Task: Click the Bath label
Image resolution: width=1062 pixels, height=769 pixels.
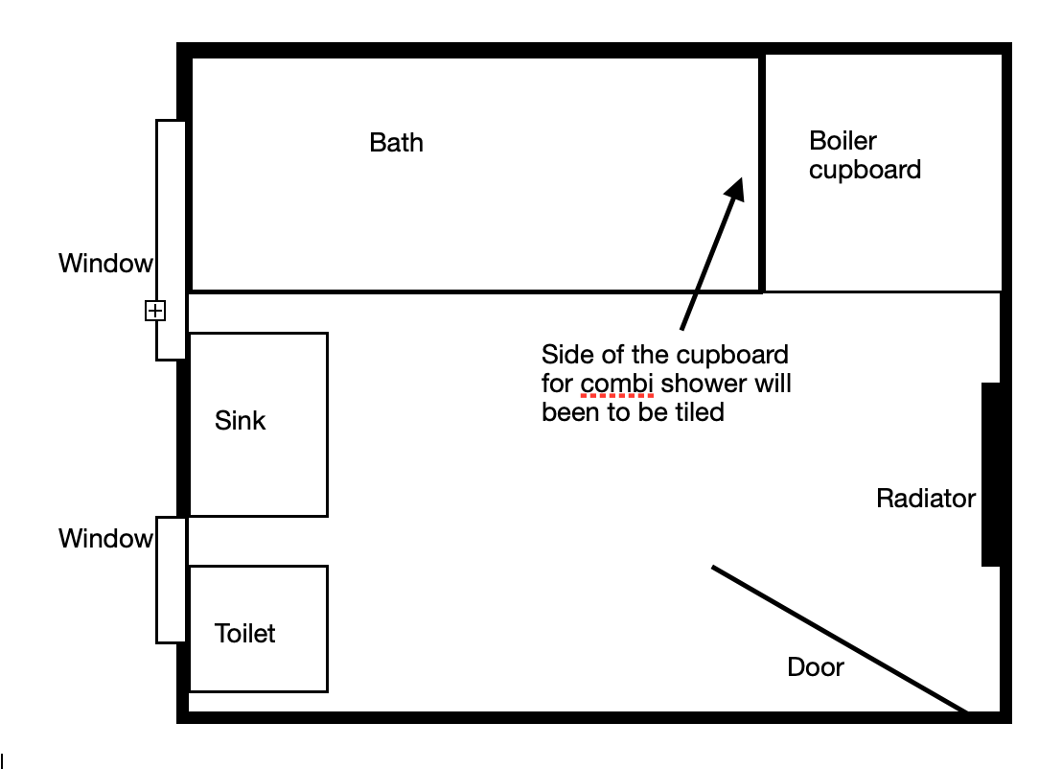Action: point(396,143)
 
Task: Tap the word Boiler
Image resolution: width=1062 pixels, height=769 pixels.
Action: point(843,141)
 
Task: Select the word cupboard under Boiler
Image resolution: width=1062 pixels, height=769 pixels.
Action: point(865,170)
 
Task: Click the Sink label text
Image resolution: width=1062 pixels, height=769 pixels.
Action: point(240,421)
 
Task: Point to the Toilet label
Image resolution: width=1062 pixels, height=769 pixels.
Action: point(244,634)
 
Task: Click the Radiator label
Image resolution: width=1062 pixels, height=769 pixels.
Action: point(926,499)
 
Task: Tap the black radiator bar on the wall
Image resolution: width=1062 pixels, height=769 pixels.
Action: point(991,475)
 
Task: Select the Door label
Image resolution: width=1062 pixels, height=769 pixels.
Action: point(816,667)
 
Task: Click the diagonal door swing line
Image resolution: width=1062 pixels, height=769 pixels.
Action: point(840,639)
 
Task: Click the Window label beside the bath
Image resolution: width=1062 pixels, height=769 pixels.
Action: point(105,264)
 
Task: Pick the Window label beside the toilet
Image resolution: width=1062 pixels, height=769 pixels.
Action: point(105,539)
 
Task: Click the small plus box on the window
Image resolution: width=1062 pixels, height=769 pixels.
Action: point(155,311)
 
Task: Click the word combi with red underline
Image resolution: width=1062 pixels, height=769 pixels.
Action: point(617,384)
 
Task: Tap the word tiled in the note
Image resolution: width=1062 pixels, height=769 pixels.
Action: point(701,412)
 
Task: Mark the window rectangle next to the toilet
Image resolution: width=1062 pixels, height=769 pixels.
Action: point(172,580)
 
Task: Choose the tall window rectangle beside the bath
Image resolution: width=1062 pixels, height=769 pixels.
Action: point(172,240)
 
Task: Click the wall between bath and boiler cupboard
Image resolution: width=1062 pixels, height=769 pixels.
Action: point(762,175)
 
